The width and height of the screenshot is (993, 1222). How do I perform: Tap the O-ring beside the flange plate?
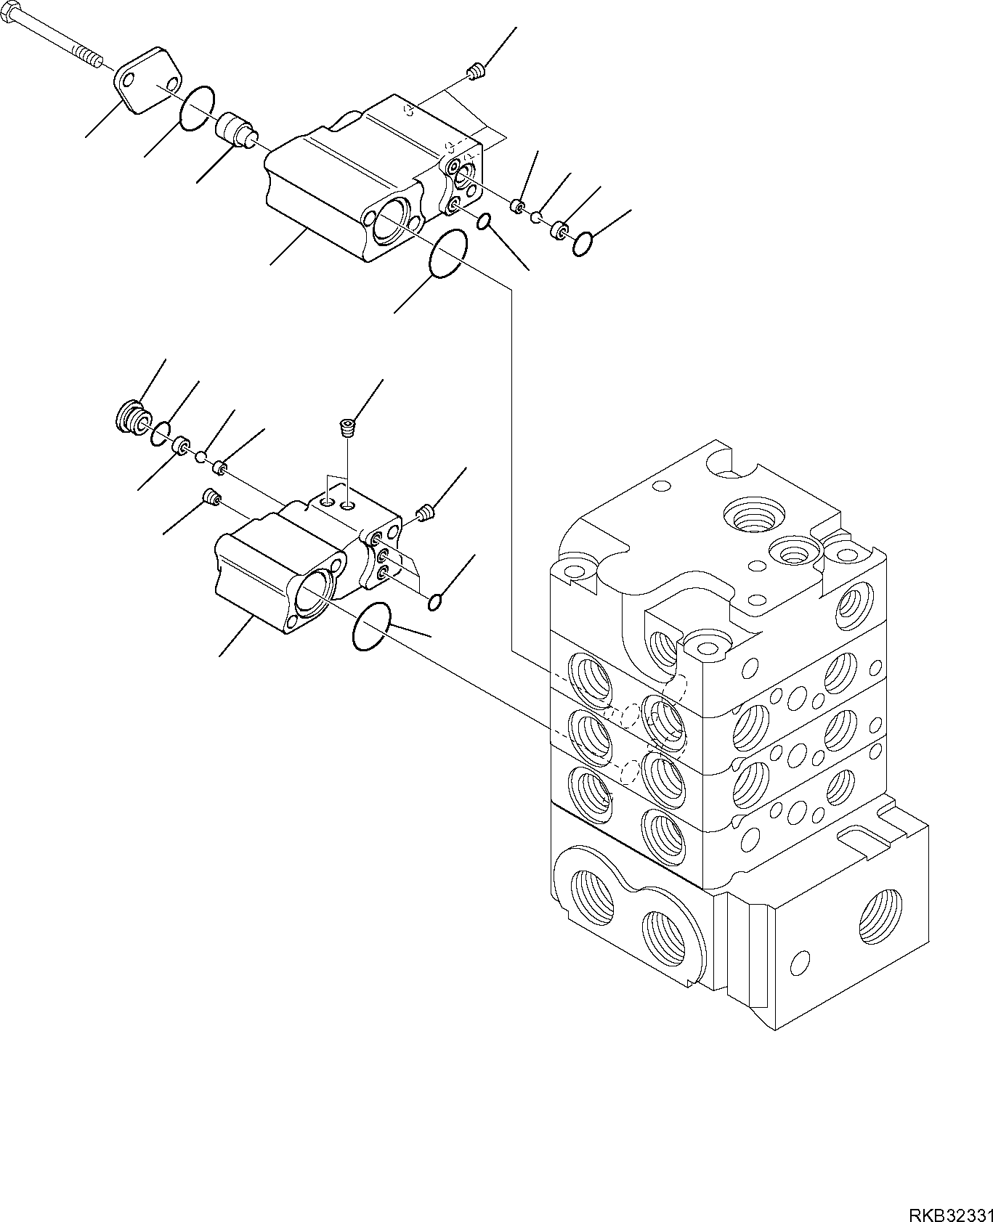pyautogui.click(x=197, y=109)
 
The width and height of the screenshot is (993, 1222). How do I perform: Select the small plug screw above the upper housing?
pyautogui.click(x=475, y=71)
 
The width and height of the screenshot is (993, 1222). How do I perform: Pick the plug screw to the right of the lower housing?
pyautogui.click(x=426, y=514)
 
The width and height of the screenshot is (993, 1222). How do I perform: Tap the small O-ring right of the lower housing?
pyautogui.click(x=435, y=602)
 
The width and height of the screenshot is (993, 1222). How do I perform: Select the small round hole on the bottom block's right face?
pyautogui.click(x=800, y=963)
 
